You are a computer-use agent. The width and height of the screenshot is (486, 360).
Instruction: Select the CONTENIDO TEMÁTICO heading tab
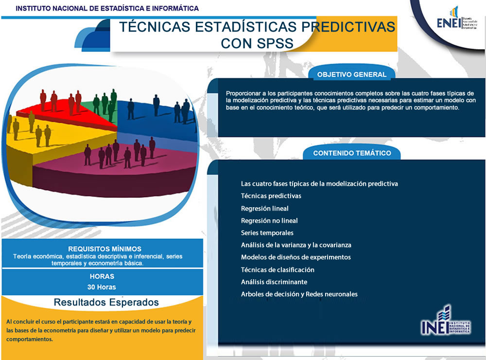coord(352,153)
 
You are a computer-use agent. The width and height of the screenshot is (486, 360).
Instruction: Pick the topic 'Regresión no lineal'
coord(269,220)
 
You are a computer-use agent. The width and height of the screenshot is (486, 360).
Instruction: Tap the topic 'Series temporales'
coord(267,233)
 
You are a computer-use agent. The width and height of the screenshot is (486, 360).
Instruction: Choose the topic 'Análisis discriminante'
coord(274,282)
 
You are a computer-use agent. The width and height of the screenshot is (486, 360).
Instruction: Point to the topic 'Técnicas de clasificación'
coord(278,270)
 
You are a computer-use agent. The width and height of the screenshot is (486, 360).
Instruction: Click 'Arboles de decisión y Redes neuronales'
coord(299,294)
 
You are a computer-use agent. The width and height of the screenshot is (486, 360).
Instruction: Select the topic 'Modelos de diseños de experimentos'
coord(295,257)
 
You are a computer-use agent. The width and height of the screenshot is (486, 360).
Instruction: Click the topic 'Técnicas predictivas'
coord(271,196)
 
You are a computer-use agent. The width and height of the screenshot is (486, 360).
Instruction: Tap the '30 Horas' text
coord(102,287)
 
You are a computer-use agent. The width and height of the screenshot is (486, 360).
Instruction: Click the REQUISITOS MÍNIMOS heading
coord(104,249)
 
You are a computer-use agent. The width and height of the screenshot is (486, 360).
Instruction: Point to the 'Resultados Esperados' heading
coord(106,302)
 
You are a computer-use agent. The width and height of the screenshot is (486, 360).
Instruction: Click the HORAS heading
coord(102,276)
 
